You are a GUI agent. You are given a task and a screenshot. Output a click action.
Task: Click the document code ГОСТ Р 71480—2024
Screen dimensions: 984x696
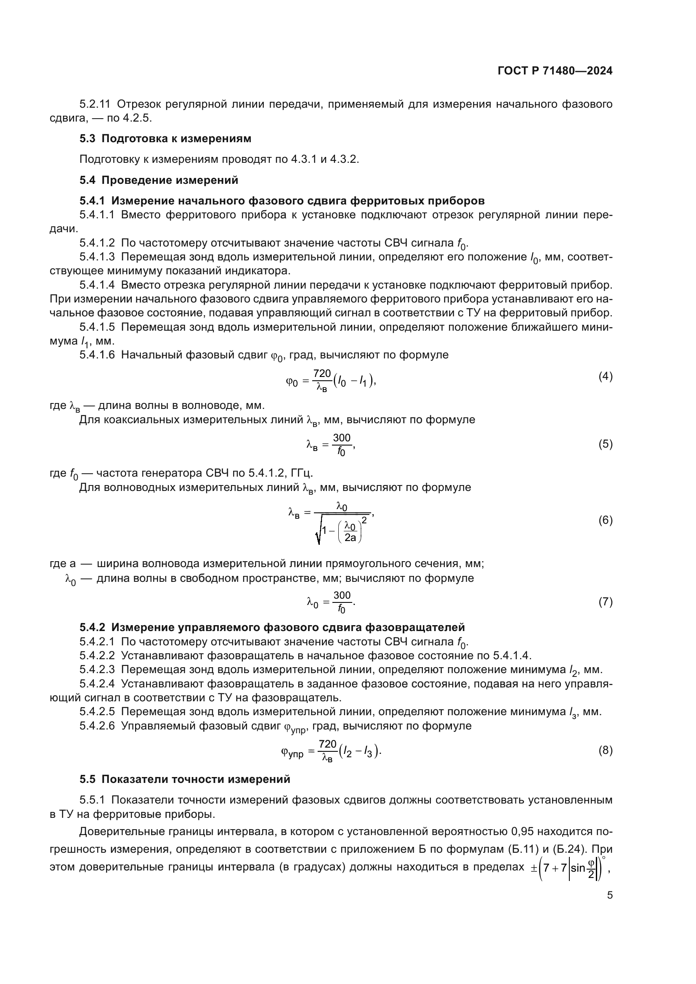(555, 71)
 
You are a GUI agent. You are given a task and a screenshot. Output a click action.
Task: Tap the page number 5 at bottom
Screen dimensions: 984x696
(610, 895)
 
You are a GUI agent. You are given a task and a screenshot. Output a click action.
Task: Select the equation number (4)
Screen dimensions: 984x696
(605, 376)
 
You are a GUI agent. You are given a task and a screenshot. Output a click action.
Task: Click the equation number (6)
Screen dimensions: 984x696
(605, 520)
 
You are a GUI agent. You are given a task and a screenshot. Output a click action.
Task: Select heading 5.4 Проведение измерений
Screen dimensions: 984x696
(159, 180)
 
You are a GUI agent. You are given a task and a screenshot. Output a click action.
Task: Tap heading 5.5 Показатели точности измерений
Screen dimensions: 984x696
(185, 779)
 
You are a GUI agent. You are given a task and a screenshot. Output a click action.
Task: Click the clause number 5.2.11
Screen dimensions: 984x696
(95, 104)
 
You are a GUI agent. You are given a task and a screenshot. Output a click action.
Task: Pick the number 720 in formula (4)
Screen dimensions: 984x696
(322, 373)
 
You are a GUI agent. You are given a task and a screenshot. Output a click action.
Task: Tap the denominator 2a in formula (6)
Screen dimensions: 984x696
(350, 537)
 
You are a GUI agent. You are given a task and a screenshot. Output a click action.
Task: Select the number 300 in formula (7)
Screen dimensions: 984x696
(342, 595)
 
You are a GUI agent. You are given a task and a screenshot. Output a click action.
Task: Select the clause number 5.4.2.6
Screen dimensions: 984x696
(97, 726)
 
